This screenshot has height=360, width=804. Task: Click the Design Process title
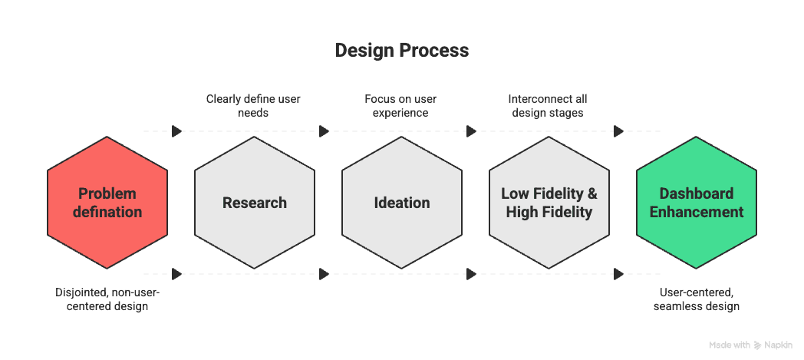(402, 51)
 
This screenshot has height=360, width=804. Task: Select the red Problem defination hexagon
(107, 203)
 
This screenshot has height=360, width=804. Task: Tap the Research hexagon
(255, 203)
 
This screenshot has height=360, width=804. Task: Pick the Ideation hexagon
(402, 203)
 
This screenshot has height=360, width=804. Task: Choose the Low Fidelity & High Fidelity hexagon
(549, 203)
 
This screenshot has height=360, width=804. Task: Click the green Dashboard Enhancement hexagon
(697, 203)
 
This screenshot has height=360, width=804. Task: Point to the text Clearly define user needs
(253, 106)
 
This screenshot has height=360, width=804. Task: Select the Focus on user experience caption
(400, 106)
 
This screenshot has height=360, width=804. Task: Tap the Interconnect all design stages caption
(548, 106)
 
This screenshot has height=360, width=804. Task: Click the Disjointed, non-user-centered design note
(107, 299)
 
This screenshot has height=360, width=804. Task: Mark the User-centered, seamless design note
(697, 299)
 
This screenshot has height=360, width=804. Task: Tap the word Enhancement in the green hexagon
(697, 212)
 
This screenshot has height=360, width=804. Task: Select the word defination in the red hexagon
(107, 212)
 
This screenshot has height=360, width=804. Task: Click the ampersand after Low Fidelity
(591, 193)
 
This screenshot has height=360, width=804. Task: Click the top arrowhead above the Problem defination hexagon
(177, 131)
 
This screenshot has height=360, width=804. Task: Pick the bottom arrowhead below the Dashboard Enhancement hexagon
(618, 273)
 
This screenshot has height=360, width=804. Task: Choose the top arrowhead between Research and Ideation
(324, 131)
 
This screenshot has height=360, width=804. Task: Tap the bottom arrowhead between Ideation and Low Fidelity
(471, 273)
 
